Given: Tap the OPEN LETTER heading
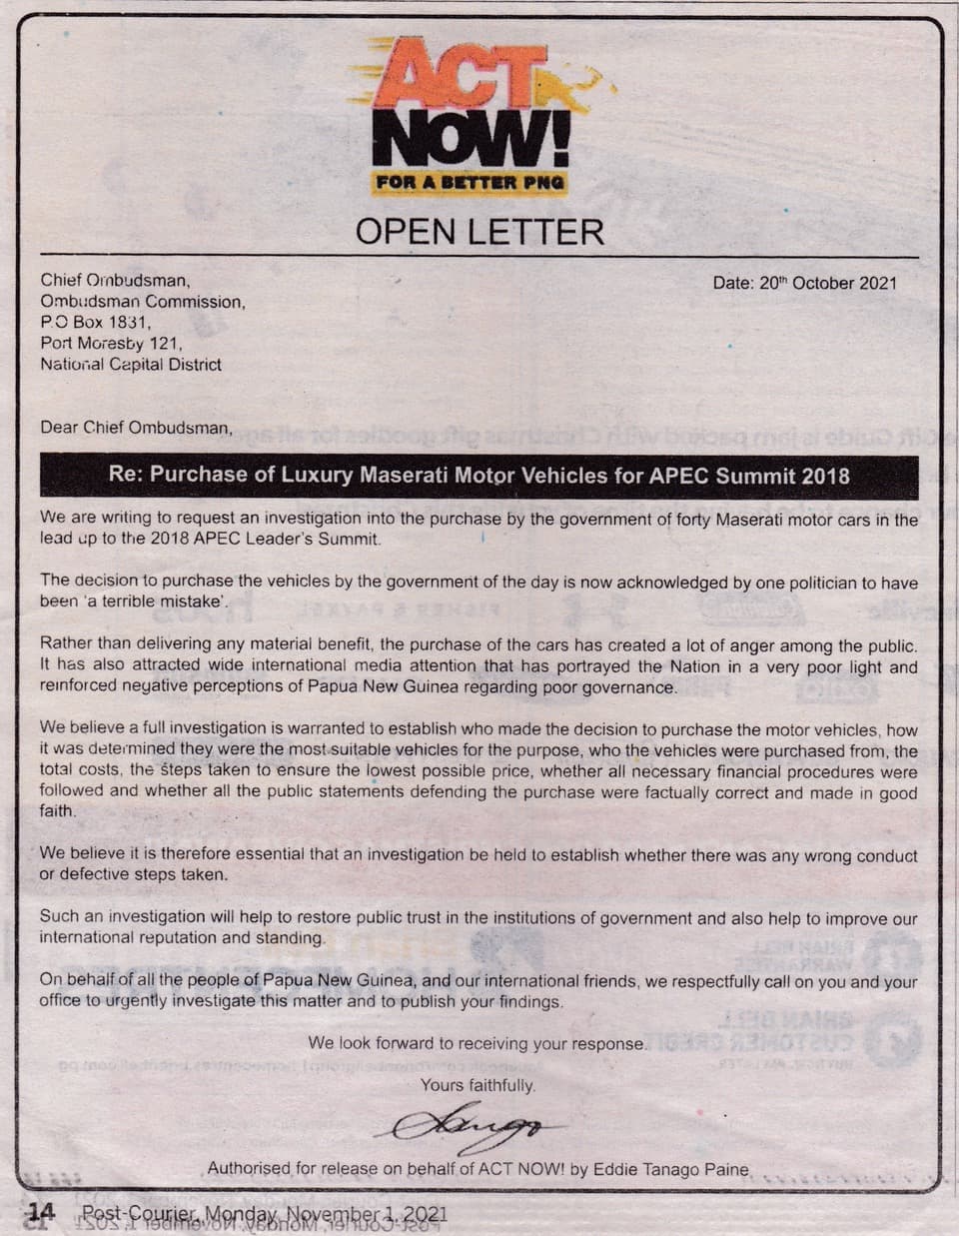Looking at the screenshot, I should [479, 232].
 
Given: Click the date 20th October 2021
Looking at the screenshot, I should [805, 283].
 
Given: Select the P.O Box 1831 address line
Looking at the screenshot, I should [96, 323].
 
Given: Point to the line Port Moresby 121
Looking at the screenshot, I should [112, 344].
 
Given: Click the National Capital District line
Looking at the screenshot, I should [131, 365].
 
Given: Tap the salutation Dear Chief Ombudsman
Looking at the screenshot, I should [136, 428].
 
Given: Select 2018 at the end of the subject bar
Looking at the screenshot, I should [826, 476].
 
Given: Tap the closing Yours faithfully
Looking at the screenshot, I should [478, 1085].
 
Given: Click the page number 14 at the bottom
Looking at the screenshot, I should [41, 1213].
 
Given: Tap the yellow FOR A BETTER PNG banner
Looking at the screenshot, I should [470, 182].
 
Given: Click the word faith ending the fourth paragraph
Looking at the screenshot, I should [57, 811].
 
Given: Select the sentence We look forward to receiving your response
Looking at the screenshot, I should [478, 1044].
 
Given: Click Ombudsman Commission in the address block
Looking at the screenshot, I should [142, 302].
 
